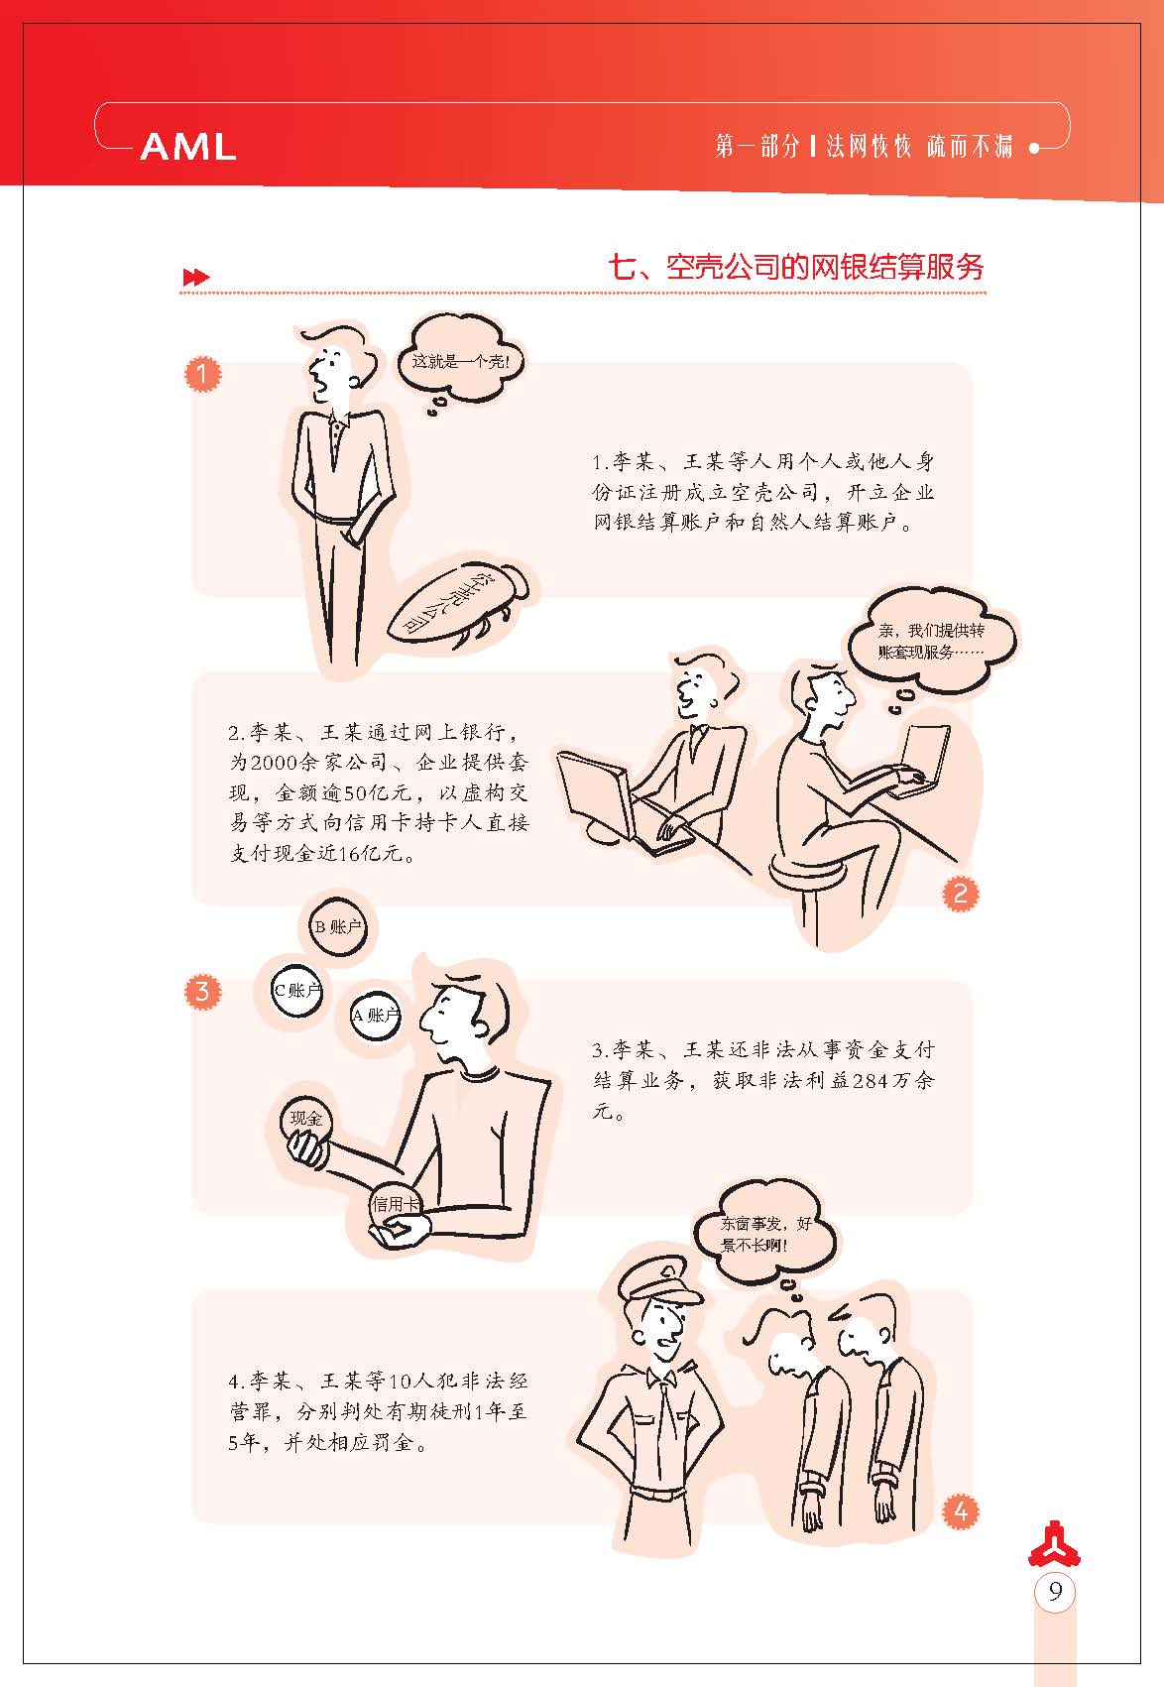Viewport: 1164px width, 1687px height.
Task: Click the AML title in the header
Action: tap(188, 146)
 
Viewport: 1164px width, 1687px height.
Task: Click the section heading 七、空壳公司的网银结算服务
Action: tap(796, 268)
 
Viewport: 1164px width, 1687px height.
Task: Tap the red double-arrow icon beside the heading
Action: tap(195, 277)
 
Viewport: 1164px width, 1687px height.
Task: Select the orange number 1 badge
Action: tap(202, 374)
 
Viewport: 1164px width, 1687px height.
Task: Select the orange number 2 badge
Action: tap(960, 894)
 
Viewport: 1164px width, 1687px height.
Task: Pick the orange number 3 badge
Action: tap(202, 991)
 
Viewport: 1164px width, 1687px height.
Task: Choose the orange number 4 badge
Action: tap(960, 1510)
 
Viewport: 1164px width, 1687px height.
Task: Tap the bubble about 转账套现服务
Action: tap(931, 641)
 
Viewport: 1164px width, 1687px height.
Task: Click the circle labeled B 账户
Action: tap(338, 926)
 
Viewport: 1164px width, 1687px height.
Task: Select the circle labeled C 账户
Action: tap(296, 990)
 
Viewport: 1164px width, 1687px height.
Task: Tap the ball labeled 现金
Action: tap(305, 1120)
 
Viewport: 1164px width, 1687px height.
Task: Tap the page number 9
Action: tap(1055, 1591)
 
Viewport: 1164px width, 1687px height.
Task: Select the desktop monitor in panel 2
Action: tap(596, 794)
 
